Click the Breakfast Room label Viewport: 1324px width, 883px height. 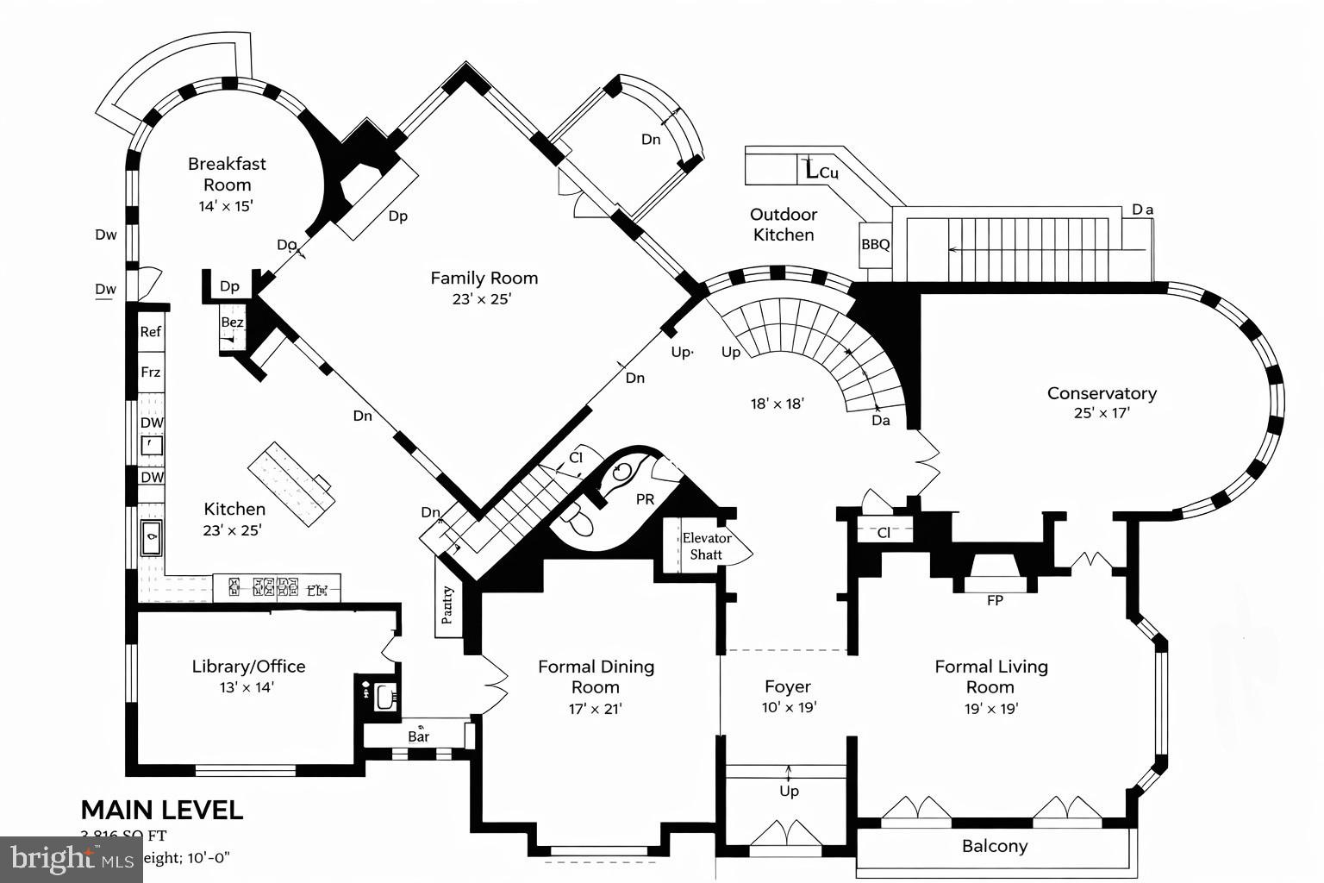(x=227, y=173)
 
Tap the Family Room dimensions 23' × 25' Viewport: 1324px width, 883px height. (x=484, y=299)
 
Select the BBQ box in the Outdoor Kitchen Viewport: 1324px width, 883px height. (x=875, y=245)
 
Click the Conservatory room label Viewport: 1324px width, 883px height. (x=1101, y=393)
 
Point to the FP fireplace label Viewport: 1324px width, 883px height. (x=995, y=600)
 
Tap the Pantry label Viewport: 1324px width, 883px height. (x=447, y=604)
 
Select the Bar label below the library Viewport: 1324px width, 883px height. (x=419, y=736)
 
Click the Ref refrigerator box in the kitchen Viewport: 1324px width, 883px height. (x=151, y=332)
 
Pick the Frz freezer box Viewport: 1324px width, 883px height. (x=151, y=373)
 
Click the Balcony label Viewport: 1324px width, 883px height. (x=995, y=846)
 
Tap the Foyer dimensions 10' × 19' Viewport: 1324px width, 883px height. (x=788, y=708)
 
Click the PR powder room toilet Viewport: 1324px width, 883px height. (x=577, y=521)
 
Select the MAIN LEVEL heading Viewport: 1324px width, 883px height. (x=162, y=810)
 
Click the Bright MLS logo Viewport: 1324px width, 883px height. (x=72, y=859)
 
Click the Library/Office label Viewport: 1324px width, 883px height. (x=248, y=667)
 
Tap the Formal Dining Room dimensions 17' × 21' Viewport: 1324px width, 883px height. (x=596, y=709)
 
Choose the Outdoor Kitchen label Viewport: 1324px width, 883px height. (x=784, y=224)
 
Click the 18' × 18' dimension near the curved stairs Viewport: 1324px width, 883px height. (x=777, y=403)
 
